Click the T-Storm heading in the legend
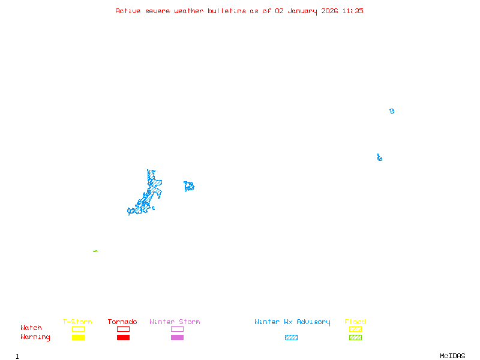click(77, 322)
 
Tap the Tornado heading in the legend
click(122, 322)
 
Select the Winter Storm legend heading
click(175, 322)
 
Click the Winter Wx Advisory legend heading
click(292, 322)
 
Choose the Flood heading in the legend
click(355, 322)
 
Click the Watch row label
click(31, 328)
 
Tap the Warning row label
click(35, 337)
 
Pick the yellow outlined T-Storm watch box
click(78, 329)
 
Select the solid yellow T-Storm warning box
click(78, 338)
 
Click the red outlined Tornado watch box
click(123, 329)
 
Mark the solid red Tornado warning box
click(123, 338)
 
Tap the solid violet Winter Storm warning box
click(177, 338)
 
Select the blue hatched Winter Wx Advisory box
click(291, 338)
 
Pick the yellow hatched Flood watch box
click(355, 329)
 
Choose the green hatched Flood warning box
click(355, 338)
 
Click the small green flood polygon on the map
click(95, 251)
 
